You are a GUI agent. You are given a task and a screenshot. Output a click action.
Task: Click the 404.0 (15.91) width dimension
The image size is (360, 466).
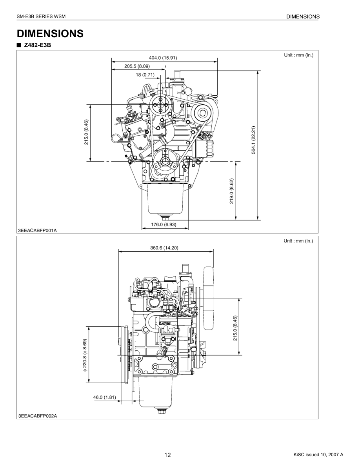pyautogui.click(x=163, y=58)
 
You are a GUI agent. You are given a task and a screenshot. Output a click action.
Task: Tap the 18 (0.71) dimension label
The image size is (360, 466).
pyautogui.click(x=145, y=75)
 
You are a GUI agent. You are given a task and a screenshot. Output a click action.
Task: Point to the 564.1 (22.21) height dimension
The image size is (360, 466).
pyautogui.click(x=253, y=140)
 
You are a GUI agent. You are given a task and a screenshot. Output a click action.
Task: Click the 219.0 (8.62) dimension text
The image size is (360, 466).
pyautogui.click(x=231, y=191)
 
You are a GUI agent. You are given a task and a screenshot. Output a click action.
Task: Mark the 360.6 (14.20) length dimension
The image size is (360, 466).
pyautogui.click(x=165, y=248)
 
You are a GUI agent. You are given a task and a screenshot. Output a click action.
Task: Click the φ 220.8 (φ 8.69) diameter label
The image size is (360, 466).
pyautogui.click(x=85, y=356)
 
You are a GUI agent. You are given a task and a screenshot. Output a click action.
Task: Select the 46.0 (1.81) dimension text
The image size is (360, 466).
pyautogui.click(x=105, y=397)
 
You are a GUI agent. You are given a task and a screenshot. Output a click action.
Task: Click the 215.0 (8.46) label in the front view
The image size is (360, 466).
pyautogui.click(x=86, y=132)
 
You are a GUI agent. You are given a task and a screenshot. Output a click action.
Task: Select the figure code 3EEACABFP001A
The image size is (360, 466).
pyautogui.click(x=38, y=231)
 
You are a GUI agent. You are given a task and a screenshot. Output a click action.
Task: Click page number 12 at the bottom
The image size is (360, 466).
pyautogui.click(x=167, y=455)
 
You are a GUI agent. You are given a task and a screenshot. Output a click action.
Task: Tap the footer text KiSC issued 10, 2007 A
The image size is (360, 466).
pyautogui.click(x=318, y=455)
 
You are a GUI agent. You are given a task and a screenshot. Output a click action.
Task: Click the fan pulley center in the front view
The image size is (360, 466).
pyautogui.click(x=160, y=105)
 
